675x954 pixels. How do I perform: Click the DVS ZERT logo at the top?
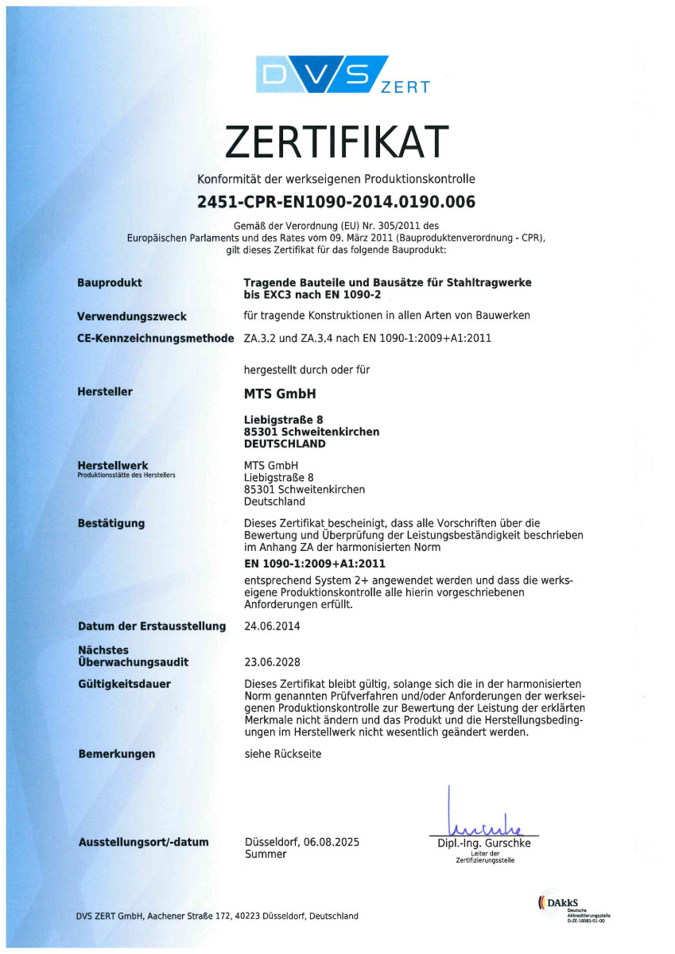pos(337,76)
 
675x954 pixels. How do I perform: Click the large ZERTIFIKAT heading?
pos(337,143)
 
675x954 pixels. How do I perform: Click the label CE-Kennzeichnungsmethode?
pos(156,338)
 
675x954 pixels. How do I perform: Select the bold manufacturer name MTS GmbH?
pos(284,392)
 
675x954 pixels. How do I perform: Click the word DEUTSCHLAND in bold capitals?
pos(284,444)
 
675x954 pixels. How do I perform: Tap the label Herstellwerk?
pos(113,465)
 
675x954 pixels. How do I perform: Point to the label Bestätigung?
pos(111,523)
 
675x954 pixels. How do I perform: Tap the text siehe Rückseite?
pos(282,754)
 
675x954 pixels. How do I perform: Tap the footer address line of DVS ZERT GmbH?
pos(217,916)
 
